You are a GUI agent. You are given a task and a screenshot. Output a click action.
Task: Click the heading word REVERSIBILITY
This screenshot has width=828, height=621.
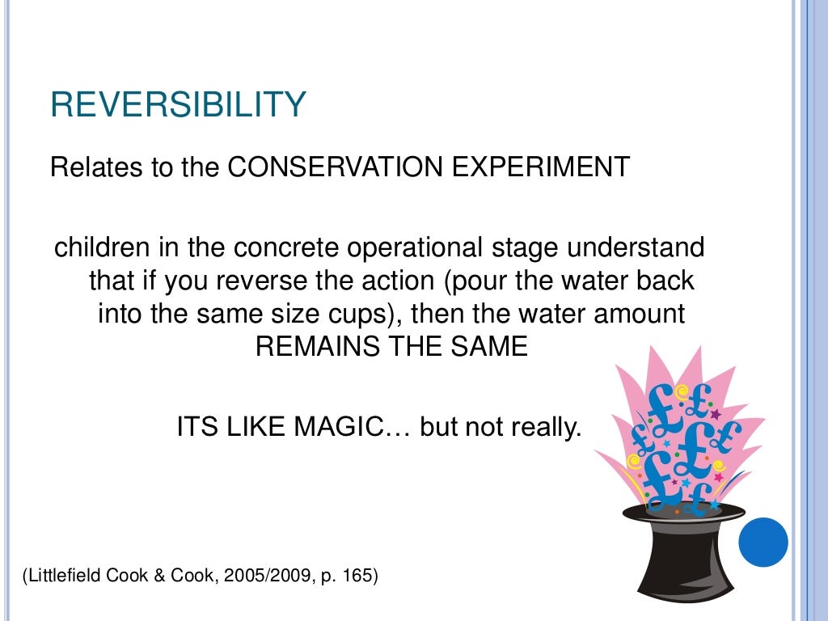pyautogui.click(x=178, y=105)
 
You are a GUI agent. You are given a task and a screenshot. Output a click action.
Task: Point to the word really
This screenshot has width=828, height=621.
pyautogui.click(x=546, y=426)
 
